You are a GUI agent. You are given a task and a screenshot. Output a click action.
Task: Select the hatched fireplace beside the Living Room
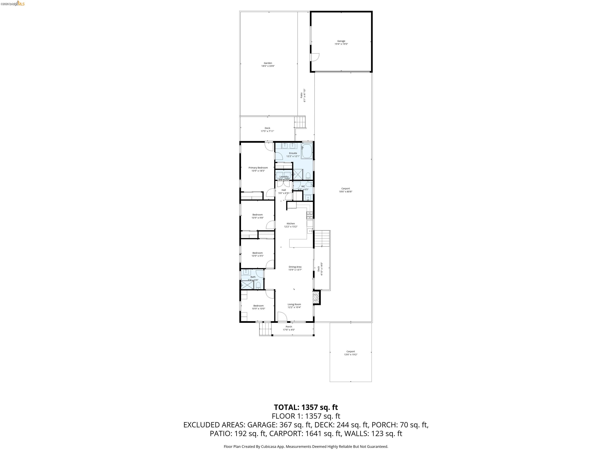(x=316, y=297)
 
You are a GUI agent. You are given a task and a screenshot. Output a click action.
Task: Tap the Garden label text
(x=268, y=63)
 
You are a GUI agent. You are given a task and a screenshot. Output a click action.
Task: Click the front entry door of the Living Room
(x=282, y=317)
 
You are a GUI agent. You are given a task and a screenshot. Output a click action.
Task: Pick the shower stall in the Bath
(x=247, y=285)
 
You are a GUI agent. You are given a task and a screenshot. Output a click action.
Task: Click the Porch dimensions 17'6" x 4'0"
(x=289, y=330)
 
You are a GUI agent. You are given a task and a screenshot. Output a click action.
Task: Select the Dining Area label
(x=295, y=267)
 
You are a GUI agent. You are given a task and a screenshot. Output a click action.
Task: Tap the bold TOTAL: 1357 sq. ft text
(x=306, y=407)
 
